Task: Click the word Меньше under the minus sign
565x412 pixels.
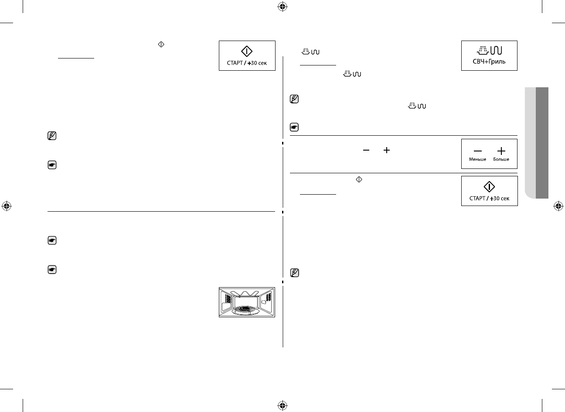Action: [x=477, y=160]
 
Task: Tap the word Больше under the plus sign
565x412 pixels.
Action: [x=501, y=160]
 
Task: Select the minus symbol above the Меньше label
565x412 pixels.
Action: [x=478, y=151]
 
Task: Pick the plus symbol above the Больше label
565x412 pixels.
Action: [x=501, y=151]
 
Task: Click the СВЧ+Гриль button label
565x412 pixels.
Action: [x=489, y=62]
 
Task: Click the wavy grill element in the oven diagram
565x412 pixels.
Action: [x=247, y=293]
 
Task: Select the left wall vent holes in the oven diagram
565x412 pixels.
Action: [x=228, y=298]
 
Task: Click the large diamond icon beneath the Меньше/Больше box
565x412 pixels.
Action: [x=489, y=187]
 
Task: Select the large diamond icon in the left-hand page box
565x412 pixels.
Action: [x=247, y=51]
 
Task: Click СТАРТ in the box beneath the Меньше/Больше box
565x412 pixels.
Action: [x=477, y=199]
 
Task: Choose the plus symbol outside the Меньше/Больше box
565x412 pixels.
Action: [x=386, y=150]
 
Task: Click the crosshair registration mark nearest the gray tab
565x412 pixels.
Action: [x=557, y=206]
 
